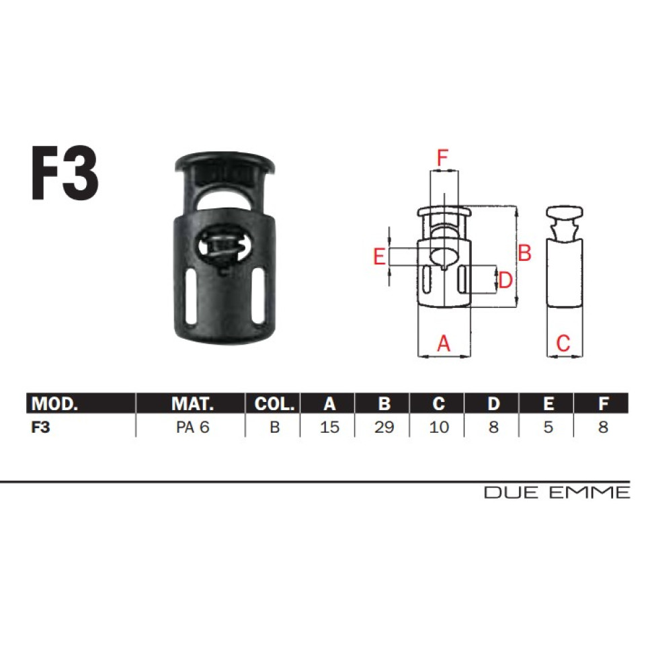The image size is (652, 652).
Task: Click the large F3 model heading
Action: tap(65, 174)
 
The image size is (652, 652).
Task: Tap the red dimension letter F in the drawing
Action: tap(442, 158)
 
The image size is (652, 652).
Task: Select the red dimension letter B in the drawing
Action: tap(524, 253)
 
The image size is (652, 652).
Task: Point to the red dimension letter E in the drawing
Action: tap(379, 256)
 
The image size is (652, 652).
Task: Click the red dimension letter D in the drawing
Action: tap(505, 280)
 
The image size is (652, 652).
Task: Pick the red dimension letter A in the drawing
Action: tap(444, 343)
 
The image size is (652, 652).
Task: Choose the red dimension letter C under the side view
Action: tap(563, 343)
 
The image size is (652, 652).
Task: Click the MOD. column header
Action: tap(54, 403)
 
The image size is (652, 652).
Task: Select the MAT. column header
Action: tap(192, 403)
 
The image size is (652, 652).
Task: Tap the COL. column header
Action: tap(274, 403)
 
